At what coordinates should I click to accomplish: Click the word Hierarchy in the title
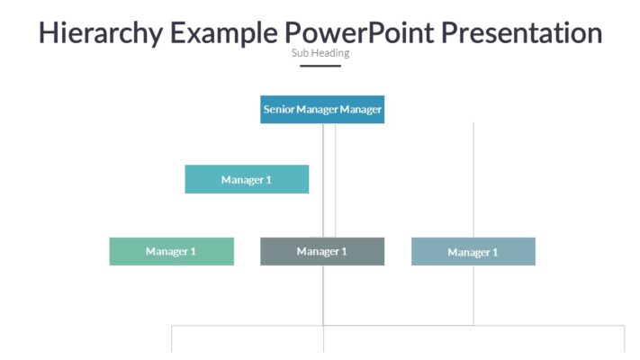[x=100, y=33]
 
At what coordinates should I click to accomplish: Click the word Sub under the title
[x=300, y=53]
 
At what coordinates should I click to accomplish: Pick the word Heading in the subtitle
[x=330, y=53]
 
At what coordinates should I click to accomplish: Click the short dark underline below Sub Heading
[x=320, y=66]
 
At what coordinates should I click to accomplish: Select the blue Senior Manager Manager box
[x=322, y=109]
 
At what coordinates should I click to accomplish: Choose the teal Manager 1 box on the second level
[x=247, y=179]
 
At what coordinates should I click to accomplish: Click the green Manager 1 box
[x=171, y=251]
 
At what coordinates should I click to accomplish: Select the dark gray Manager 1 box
[x=322, y=251]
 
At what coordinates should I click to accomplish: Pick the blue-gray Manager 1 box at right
[x=473, y=252]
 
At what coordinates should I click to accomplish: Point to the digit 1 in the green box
[x=193, y=251]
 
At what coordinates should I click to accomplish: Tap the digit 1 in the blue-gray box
[x=494, y=253]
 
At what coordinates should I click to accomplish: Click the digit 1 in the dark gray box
[x=344, y=251]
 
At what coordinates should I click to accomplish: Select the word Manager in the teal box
[x=242, y=180]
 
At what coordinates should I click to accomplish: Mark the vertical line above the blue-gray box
[x=473, y=180]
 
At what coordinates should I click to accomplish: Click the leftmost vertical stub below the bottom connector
[x=172, y=339]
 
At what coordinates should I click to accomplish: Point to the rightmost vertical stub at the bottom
[x=624, y=339]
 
